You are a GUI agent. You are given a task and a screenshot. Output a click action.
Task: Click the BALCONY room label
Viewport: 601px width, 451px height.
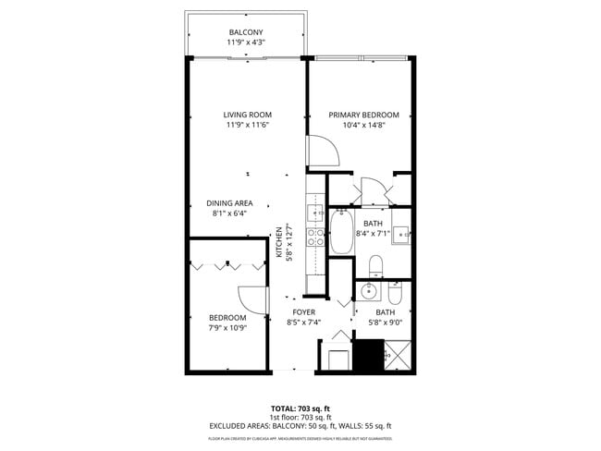(247, 32)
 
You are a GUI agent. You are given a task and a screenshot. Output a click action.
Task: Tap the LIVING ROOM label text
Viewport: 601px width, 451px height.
(247, 116)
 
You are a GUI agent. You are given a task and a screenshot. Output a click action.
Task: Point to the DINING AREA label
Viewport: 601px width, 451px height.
(229, 203)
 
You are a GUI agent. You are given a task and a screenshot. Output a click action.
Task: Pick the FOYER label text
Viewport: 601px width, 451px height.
(304, 312)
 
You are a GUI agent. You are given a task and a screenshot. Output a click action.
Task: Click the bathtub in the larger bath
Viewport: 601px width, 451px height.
(341, 233)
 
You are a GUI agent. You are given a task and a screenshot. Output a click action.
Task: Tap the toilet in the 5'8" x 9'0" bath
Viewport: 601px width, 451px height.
(395, 293)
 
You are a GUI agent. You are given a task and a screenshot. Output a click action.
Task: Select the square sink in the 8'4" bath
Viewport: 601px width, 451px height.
(400, 235)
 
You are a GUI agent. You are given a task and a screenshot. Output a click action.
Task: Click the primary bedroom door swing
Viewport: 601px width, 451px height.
(320, 152)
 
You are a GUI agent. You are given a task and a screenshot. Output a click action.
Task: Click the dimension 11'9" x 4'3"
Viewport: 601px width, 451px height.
(247, 43)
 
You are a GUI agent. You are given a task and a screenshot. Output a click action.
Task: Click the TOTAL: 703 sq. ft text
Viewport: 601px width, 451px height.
(300, 408)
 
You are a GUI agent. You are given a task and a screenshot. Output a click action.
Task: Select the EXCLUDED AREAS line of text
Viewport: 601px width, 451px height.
(300, 426)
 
